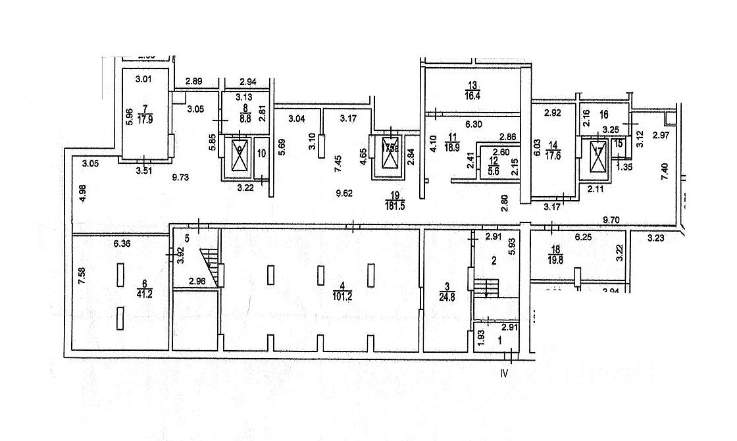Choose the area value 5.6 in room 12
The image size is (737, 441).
coord(495,168)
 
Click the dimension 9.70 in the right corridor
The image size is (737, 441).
coord(613,218)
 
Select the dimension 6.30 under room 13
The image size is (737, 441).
coord(474,122)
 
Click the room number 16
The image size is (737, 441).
coord(605,114)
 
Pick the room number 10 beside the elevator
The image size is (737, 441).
coord(261,155)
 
